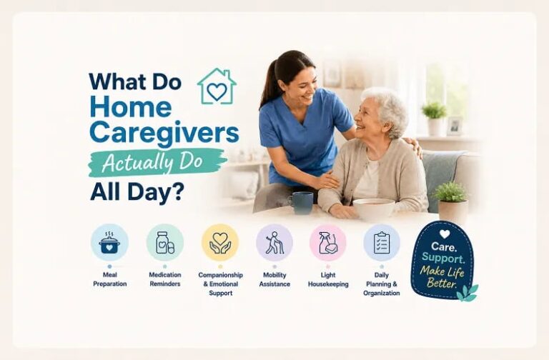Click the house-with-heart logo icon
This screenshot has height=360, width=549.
pos(217,86)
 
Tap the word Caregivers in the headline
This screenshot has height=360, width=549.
pos(164,134)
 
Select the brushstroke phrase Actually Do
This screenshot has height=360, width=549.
pos(153,163)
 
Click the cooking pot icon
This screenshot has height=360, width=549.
pos(109,243)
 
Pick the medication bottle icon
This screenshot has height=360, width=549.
pos(165,242)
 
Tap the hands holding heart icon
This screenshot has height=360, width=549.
pos(220,243)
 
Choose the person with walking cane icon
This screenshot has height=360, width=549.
pos(274,243)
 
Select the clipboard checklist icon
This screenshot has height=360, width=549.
pos(382,243)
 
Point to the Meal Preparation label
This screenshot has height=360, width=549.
pos(110,279)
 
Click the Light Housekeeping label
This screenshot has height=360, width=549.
pos(328,279)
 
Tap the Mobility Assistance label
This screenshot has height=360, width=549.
pos(274,279)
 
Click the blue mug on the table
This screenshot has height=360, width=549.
pos(301,203)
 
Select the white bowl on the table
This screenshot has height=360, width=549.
pos(374,209)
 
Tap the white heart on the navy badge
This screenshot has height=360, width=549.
pos(445,234)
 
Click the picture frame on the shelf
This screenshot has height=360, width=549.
pos(455,126)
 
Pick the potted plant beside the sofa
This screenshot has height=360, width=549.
pos(452,203)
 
